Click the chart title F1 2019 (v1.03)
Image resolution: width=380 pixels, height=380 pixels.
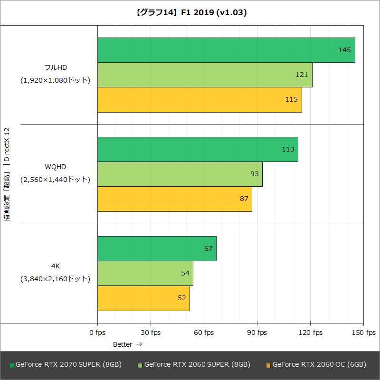(x=190, y=13)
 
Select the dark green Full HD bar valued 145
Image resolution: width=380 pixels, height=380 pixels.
(x=226, y=50)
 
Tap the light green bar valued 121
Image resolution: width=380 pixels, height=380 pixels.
(x=205, y=75)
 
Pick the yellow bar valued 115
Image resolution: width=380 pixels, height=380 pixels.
(x=199, y=99)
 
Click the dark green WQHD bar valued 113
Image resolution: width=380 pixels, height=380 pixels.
(x=198, y=149)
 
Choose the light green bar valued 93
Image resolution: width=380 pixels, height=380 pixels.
(x=180, y=174)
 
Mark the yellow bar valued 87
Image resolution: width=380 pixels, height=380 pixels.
(x=175, y=199)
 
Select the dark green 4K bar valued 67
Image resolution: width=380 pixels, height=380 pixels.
(x=157, y=248)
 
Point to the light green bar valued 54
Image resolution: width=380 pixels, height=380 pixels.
(x=145, y=273)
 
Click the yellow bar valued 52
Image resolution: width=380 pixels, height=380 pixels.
(x=143, y=298)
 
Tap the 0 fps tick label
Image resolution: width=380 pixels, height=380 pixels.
(x=97, y=332)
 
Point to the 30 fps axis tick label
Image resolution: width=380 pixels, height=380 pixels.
(x=151, y=332)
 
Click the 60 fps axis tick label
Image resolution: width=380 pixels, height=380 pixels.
(x=204, y=332)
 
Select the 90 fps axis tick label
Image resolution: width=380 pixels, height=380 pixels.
(x=257, y=332)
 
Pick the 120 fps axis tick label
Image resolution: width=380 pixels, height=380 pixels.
(x=310, y=332)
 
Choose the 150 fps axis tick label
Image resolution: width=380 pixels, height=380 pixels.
(x=363, y=332)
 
